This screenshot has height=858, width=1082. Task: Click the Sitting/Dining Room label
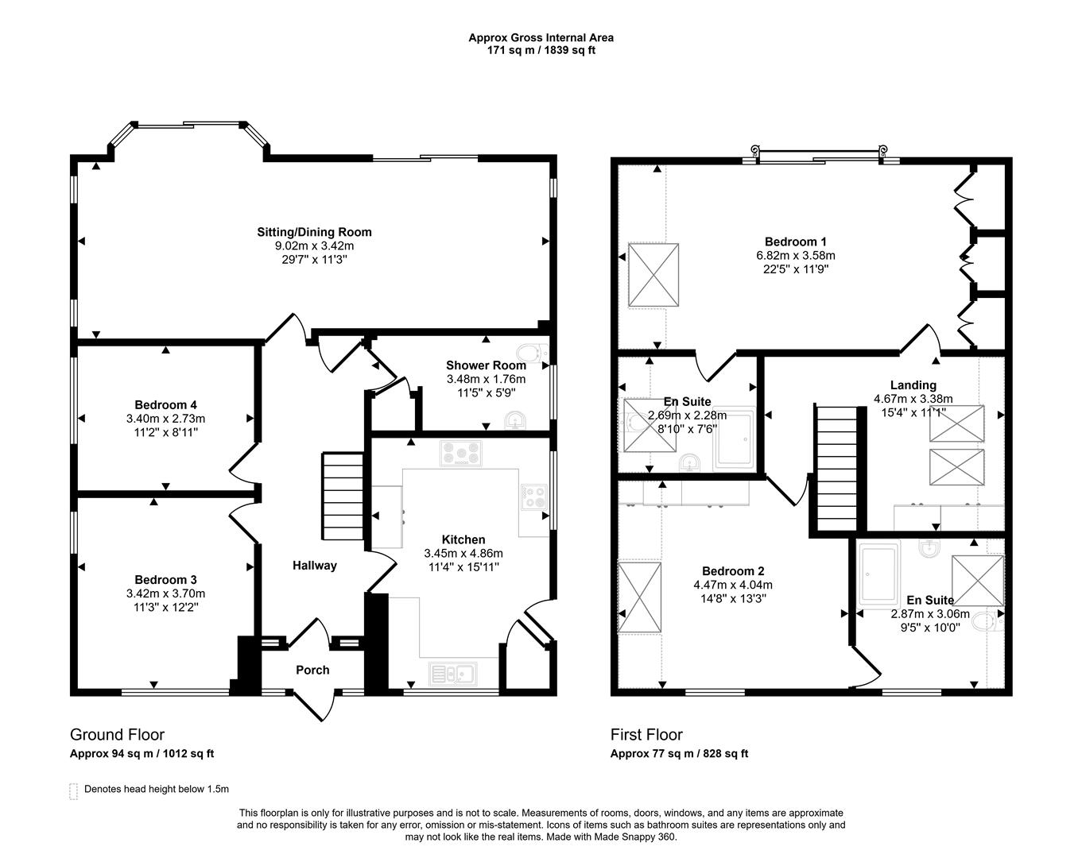(x=314, y=232)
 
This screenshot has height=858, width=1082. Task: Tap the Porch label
(x=312, y=670)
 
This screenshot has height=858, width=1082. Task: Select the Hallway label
(x=315, y=566)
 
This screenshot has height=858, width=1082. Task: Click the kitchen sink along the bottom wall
(x=453, y=674)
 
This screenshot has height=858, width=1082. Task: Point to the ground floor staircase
(x=343, y=496)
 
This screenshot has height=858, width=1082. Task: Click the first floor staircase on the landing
(x=836, y=469)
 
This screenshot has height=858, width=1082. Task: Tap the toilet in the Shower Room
(x=532, y=354)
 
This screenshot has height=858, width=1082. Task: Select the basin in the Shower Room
(x=515, y=420)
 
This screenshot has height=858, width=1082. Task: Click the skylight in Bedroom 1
(x=653, y=275)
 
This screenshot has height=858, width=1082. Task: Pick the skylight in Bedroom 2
(x=639, y=597)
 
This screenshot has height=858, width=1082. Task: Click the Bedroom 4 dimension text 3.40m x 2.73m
(x=165, y=419)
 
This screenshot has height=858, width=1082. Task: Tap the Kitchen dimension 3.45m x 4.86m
(x=463, y=554)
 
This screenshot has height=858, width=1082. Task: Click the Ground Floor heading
(x=117, y=735)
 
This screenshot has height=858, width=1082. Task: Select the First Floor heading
(x=646, y=735)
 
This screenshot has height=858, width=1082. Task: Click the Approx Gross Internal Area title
(x=541, y=37)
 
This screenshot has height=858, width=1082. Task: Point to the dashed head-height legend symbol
(x=73, y=791)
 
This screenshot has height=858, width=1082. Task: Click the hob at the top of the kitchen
(x=460, y=453)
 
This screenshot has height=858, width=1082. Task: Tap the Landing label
(x=913, y=385)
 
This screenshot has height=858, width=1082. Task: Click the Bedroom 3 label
(x=165, y=579)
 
